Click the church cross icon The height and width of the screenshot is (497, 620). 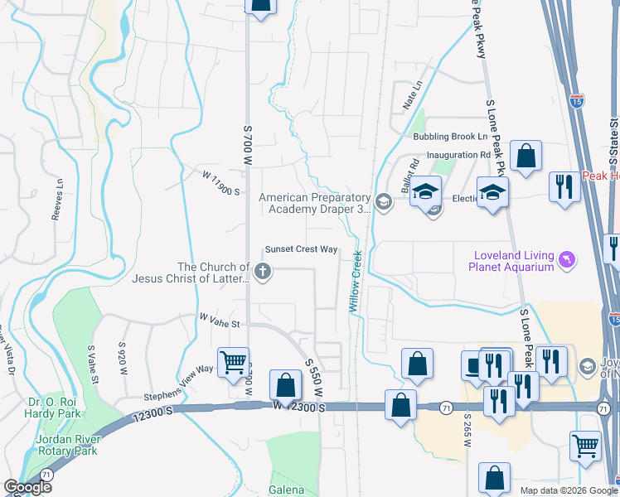[263, 272]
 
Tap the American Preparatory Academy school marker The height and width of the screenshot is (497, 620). [383, 202]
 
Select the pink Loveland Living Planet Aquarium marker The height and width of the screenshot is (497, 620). [567, 260]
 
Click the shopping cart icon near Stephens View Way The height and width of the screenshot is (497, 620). [234, 361]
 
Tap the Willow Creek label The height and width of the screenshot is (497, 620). [356, 281]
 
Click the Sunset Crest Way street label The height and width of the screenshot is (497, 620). [301, 249]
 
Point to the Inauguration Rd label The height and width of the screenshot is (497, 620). [458, 155]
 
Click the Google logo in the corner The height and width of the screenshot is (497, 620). [28, 487]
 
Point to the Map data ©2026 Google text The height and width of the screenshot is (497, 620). [568, 490]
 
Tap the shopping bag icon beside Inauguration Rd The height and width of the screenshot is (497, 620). [526, 155]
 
